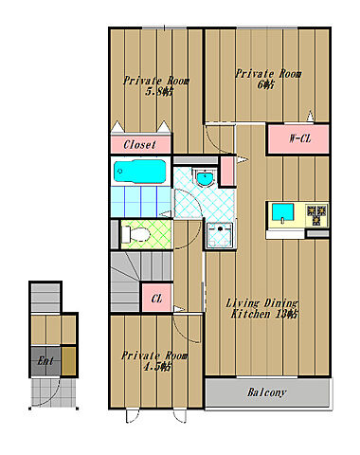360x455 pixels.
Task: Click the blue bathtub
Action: [140, 171]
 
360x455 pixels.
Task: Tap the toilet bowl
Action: [136, 234]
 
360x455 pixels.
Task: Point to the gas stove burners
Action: [316, 214]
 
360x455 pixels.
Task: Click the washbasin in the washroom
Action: [205, 178]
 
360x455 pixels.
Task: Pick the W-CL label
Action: [299, 138]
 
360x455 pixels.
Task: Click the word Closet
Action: [139, 145]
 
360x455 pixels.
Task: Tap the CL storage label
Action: [156, 299]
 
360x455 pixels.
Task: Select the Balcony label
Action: [266, 392]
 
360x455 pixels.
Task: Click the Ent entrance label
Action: [45, 360]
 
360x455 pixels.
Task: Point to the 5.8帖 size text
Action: [159, 92]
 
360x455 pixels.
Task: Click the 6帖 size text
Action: [265, 84]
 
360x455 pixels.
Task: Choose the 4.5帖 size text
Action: [157, 367]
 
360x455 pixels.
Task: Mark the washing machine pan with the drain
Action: [220, 235]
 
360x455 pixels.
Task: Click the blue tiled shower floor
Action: [141, 202]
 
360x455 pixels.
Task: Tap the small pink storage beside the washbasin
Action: [226, 172]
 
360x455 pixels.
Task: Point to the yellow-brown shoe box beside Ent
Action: [68, 361]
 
